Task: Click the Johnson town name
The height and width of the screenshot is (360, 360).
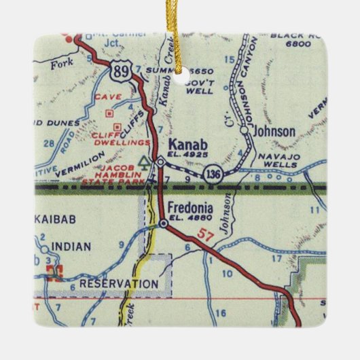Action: [x=274, y=131]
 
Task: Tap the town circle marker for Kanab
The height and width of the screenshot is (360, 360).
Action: [x=160, y=162]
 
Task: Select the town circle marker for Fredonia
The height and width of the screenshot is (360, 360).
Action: [x=164, y=223]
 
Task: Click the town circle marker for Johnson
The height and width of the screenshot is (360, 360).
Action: [x=245, y=132]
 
